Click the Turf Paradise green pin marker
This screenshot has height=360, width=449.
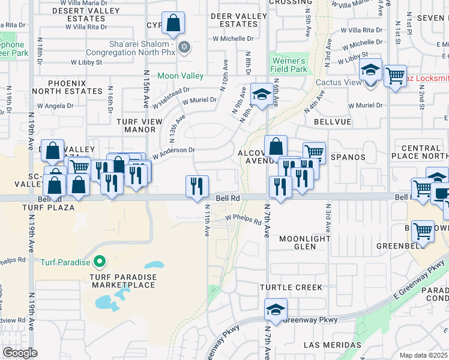[x=100, y=262]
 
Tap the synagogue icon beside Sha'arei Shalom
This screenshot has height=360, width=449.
[x=185, y=47]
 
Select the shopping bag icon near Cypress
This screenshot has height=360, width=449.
[x=172, y=25]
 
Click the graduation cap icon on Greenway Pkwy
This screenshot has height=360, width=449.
[x=276, y=310]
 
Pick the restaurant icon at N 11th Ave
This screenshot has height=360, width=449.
[x=197, y=187]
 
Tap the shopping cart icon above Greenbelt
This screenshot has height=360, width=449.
[x=423, y=231]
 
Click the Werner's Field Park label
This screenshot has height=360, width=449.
[x=289, y=65]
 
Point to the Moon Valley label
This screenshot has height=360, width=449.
[x=180, y=76]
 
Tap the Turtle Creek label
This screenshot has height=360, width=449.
[x=291, y=287]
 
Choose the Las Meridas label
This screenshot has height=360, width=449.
[x=332, y=345]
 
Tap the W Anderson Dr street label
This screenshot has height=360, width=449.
[x=174, y=154]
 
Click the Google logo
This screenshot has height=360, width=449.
[x=20, y=353]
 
